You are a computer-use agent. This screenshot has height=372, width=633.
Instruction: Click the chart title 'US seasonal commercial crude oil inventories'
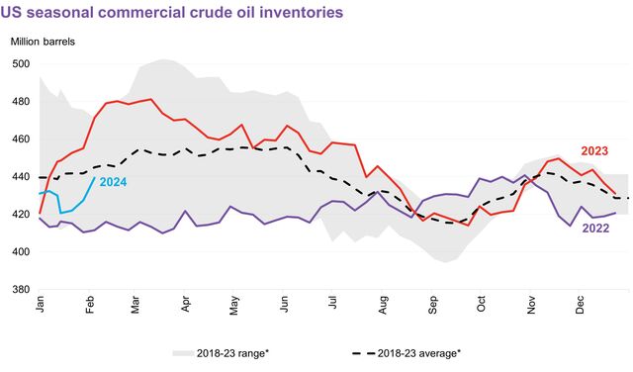pyautogui.click(x=172, y=13)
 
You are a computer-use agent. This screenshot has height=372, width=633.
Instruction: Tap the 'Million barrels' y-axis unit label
pyautogui.click(x=43, y=43)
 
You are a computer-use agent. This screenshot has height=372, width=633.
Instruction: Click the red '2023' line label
pyautogui.click(x=594, y=151)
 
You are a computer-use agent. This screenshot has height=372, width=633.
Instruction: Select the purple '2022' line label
pyautogui.click(x=594, y=229)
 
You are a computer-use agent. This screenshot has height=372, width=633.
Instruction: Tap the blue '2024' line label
pyautogui.click(x=112, y=182)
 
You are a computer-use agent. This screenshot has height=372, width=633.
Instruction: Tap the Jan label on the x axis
pyautogui.click(x=41, y=306)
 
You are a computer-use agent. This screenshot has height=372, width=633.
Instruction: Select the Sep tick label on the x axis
pyautogui.click(x=432, y=306)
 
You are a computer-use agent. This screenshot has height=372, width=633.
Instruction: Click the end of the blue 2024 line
pyautogui.click(x=95, y=178)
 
